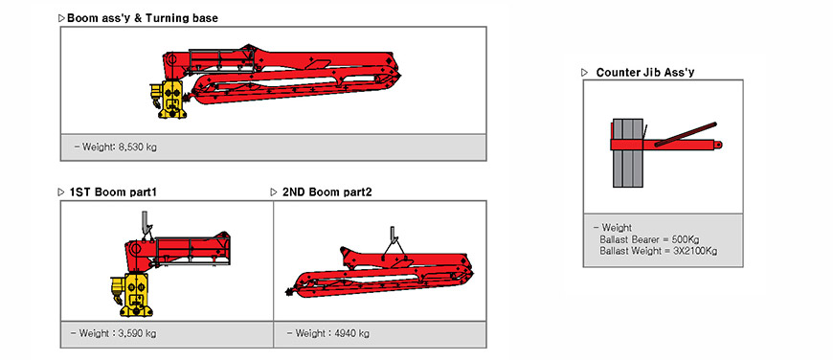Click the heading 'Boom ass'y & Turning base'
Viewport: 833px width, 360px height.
143,18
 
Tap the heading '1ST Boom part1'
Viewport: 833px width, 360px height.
113,192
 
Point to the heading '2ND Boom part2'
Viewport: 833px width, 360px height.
327,192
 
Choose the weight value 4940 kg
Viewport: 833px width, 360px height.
351,334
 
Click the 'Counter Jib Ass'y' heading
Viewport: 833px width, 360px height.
645,73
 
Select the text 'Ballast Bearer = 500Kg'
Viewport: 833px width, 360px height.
650,239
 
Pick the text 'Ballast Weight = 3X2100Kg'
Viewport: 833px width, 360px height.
658,251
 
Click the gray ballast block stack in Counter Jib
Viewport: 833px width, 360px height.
628,153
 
